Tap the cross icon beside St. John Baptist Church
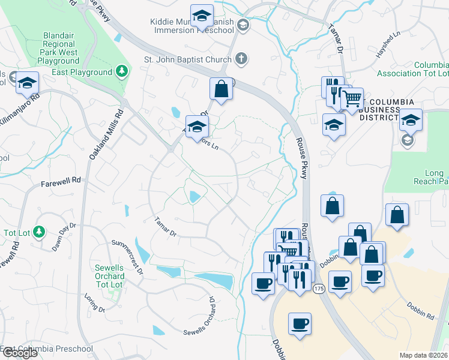tap(241, 59)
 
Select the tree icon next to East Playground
tap(122, 72)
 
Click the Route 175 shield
tap(318, 289)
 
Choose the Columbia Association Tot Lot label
tap(413, 69)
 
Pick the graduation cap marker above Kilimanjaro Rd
tap(26, 83)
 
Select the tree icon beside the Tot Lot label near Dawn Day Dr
tap(39, 231)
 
